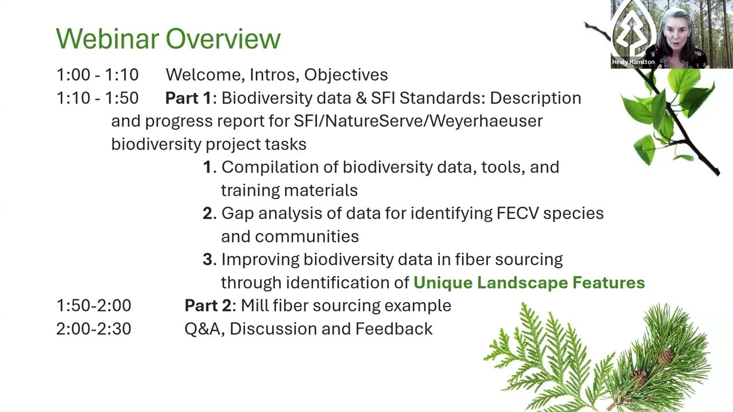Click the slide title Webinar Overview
(168, 39)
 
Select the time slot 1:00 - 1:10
(97, 74)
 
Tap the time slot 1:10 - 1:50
(97, 98)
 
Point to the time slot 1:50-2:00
(93, 306)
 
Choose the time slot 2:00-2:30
(93, 329)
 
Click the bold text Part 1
(188, 98)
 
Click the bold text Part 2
(208, 306)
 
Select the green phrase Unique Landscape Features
(529, 283)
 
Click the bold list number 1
(208, 167)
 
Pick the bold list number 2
(208, 213)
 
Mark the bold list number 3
(208, 259)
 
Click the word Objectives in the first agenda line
(346, 74)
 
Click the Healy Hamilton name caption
(633, 62)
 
